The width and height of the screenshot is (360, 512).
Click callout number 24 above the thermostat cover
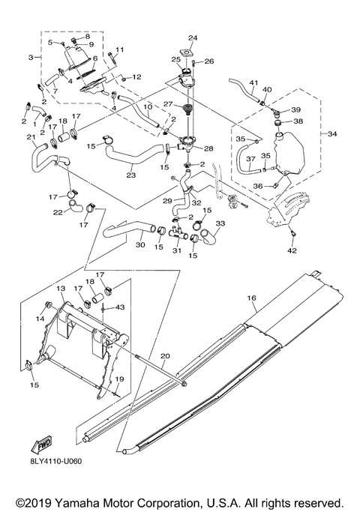point(192,37)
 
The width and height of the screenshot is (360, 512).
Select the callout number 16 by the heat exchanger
point(253,298)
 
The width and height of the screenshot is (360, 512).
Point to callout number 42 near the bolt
point(292,251)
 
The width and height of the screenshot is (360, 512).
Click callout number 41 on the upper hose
point(253,82)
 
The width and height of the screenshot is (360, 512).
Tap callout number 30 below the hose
point(140,244)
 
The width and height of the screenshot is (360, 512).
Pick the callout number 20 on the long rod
point(166,355)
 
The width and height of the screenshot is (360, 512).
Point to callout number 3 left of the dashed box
point(30,57)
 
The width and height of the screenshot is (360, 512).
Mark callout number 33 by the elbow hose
point(220,224)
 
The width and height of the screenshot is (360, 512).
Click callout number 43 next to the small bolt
point(120,309)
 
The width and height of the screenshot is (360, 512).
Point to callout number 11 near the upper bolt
point(118,49)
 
